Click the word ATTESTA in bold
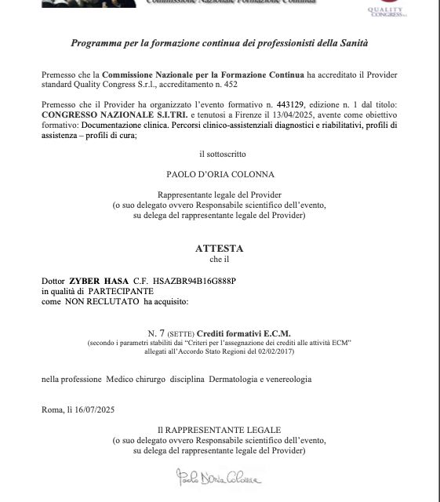coord(220,248)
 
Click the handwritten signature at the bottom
coord(219,476)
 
